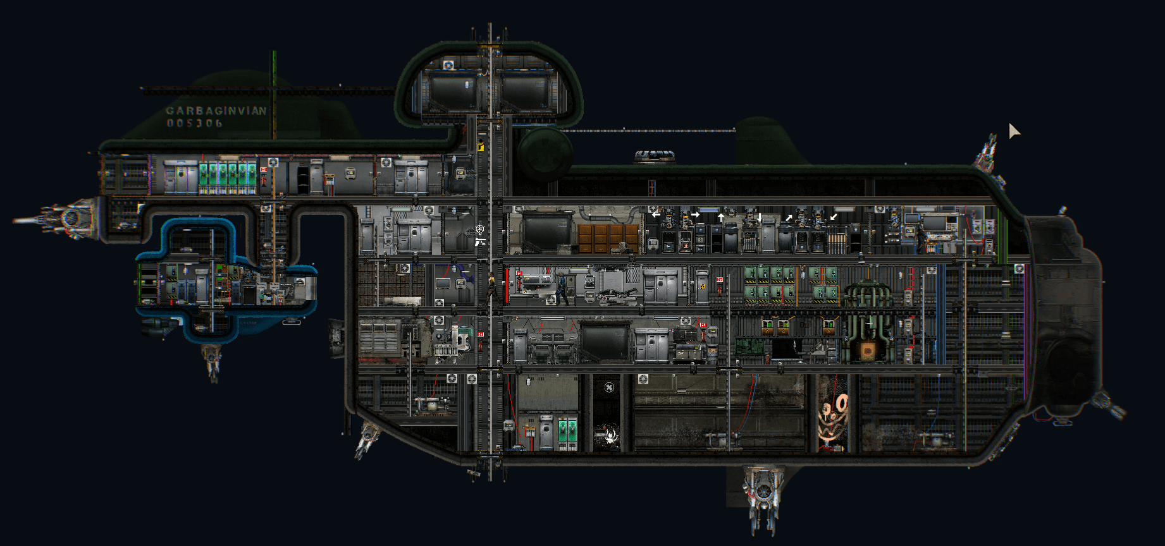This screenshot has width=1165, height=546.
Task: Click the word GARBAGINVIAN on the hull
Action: point(216,111)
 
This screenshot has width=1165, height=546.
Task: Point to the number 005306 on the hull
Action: point(194,123)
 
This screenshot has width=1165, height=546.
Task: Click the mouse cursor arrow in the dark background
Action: point(1013,130)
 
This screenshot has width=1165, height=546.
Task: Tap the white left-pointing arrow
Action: point(656,215)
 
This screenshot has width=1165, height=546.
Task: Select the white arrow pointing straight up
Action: point(720,217)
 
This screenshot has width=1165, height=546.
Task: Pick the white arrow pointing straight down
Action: point(759,217)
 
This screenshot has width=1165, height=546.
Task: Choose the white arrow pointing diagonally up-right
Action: point(789,217)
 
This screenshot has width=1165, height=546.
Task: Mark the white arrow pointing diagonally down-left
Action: point(834,217)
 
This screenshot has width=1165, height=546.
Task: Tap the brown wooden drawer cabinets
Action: point(608,238)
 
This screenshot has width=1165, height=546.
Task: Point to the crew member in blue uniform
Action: point(562,288)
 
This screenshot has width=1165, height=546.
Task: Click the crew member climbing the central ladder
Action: point(491,286)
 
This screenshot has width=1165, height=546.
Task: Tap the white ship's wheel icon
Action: point(480,229)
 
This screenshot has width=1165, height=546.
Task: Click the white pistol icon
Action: point(480,241)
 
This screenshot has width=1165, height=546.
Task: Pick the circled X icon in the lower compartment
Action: point(609,387)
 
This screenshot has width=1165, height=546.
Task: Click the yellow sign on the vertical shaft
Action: point(480,147)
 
